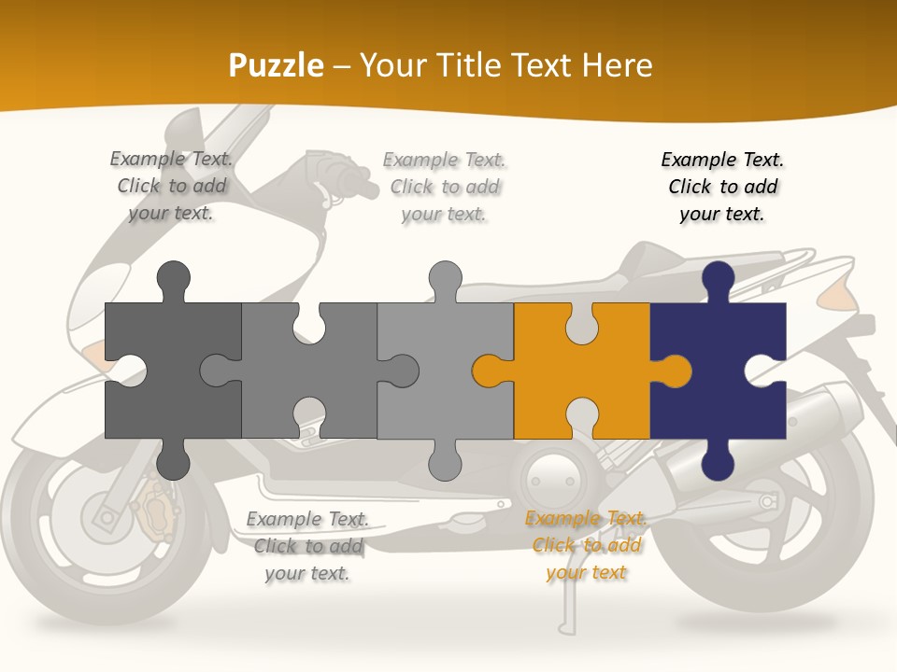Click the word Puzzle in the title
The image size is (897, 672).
click(277, 65)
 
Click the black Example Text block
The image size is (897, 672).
click(722, 187)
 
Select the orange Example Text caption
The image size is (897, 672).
click(586, 545)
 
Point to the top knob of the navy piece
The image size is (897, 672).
click(718, 279)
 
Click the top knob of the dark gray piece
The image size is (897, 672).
click(173, 279)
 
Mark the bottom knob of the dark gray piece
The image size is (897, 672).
click(173, 460)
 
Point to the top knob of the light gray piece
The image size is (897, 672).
click(445, 279)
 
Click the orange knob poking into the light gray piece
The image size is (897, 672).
click(490, 371)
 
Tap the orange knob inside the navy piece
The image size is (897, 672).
click(676, 371)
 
